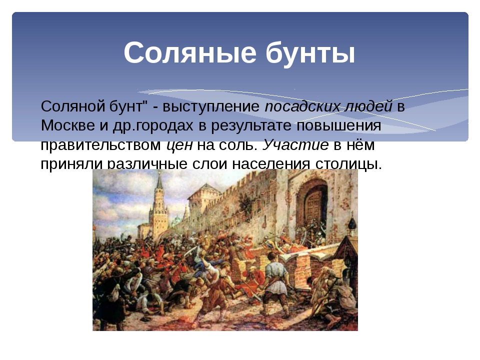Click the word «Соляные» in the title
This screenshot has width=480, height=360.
point(190,52)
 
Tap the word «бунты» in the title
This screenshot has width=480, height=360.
point(310,52)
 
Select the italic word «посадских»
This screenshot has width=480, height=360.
point(302,106)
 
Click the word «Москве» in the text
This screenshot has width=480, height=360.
point(68,125)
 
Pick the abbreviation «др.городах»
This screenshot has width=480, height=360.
point(153,126)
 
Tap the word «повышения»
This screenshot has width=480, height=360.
point(338,126)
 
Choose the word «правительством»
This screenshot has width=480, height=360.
point(100,145)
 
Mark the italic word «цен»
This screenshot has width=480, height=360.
point(179,145)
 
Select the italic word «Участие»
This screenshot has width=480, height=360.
point(295,145)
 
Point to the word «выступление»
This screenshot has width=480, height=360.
point(211,107)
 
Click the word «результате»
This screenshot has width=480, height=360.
point(251,126)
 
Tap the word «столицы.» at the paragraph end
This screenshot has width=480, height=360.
point(348,164)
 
